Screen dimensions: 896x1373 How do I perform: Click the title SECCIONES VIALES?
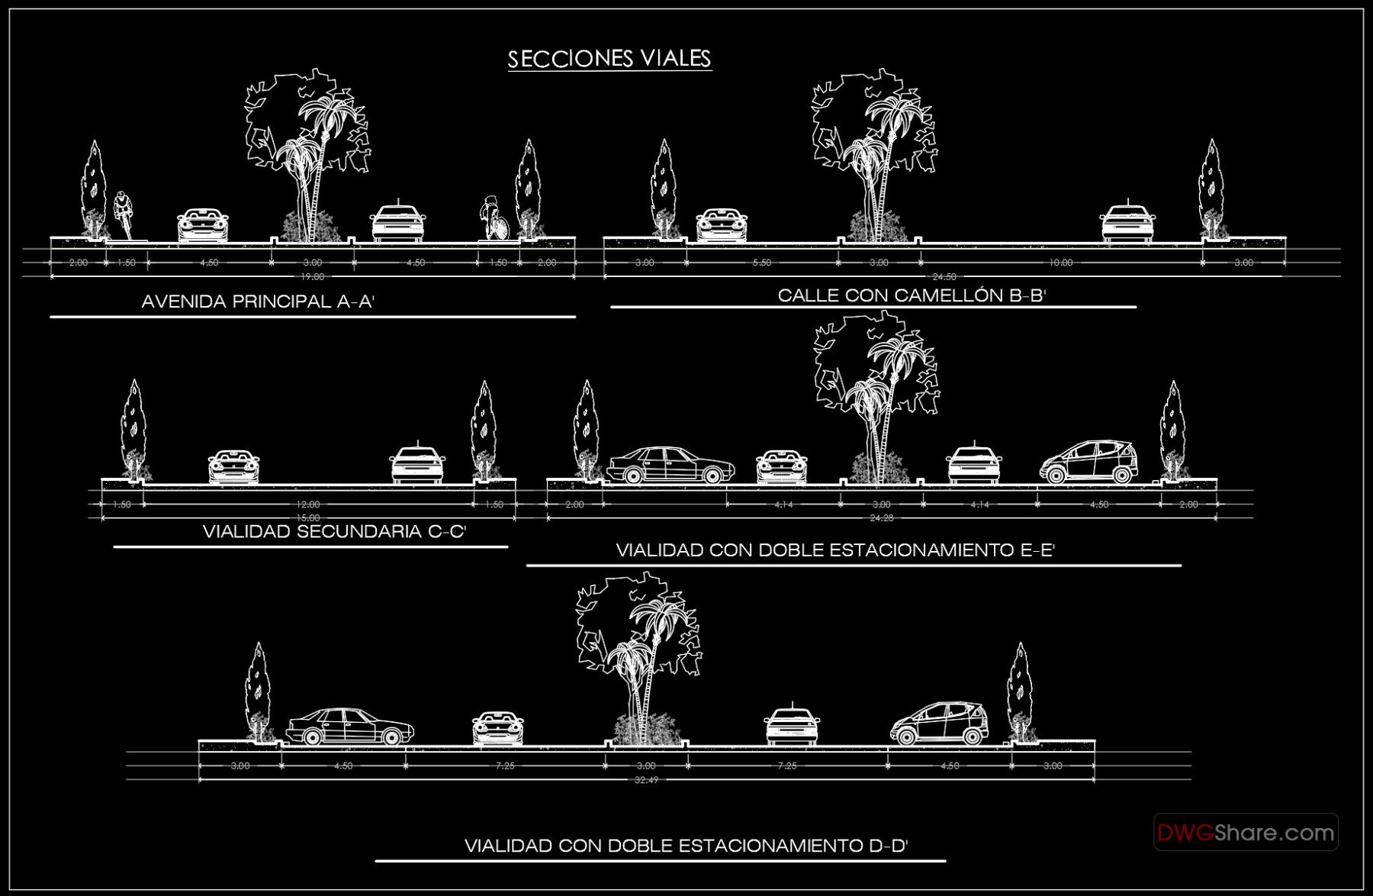click(609, 59)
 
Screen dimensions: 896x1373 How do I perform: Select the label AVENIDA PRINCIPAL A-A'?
click(258, 301)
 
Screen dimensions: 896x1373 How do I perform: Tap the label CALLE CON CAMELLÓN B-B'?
click(911, 295)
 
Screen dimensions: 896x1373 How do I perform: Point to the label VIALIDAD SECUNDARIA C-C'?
click(334, 531)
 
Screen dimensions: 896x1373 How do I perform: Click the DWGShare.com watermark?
click(1245, 832)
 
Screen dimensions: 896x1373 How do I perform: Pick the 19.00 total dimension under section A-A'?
click(312, 277)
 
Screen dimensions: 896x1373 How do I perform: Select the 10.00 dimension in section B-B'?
click(1060, 263)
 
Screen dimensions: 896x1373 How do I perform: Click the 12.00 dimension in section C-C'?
click(308, 504)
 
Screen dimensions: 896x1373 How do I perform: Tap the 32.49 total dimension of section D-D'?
click(646, 780)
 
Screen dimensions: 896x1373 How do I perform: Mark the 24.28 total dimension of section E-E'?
click(881, 518)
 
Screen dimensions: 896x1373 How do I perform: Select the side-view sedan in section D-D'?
click(349, 726)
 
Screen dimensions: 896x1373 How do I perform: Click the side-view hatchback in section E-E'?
click(1088, 462)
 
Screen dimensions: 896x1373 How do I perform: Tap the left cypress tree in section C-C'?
click(133, 431)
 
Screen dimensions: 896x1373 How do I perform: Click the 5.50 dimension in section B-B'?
click(761, 263)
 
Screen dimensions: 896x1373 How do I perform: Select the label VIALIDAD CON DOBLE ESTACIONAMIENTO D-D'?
click(685, 846)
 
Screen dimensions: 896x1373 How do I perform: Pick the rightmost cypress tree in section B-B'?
click(1211, 191)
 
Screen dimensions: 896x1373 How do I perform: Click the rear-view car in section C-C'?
click(416, 465)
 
